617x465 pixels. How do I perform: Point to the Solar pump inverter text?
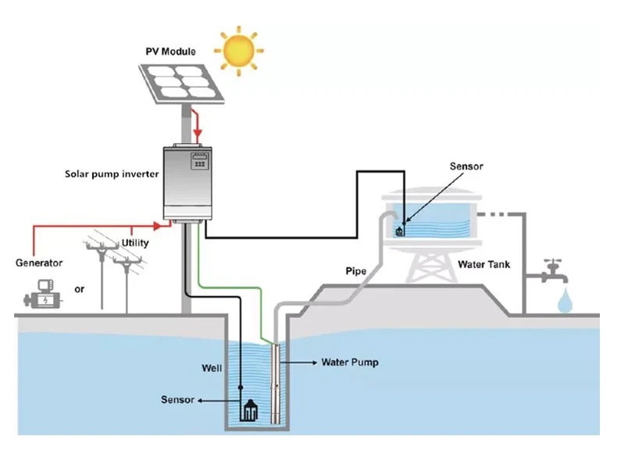[x=112, y=173]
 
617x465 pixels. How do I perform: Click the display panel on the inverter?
[x=199, y=163]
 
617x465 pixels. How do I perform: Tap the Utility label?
[x=135, y=243]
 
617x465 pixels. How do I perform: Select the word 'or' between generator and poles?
[x=79, y=290]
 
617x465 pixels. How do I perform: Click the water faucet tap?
[x=554, y=274]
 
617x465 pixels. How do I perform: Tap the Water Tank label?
[x=483, y=265]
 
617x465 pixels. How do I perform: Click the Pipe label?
[x=356, y=271]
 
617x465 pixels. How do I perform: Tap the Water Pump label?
[x=350, y=363]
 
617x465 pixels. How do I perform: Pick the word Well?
[x=212, y=367]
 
